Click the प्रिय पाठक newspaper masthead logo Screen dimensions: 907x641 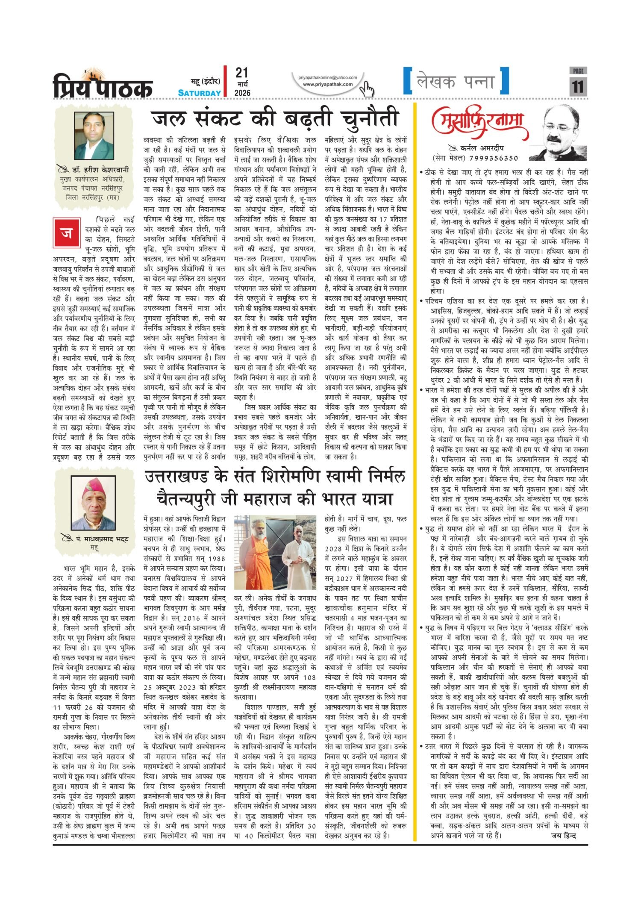point(103,85)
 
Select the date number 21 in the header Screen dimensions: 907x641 point(242,73)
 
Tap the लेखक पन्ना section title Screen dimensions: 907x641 point(456,82)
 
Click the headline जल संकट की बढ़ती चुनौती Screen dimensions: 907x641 point(275,119)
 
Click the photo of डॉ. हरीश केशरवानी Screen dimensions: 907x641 point(94,136)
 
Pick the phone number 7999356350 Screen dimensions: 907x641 point(493,158)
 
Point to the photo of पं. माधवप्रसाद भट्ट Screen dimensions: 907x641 point(94,504)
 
